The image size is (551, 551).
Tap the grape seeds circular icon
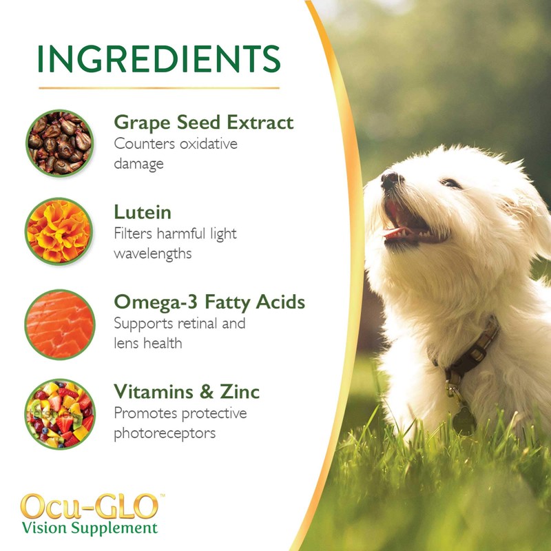(59, 143)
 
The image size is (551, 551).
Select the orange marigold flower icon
(59, 233)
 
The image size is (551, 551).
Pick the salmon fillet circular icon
(59, 322)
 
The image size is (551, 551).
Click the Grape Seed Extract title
(203, 123)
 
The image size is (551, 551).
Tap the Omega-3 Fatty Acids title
(209, 302)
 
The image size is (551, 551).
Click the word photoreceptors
(165, 433)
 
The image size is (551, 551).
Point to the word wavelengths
(153, 254)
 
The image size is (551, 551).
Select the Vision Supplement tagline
(90, 529)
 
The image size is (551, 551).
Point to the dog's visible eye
(451, 183)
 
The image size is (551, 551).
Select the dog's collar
(475, 351)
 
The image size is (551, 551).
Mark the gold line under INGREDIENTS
(159, 88)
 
